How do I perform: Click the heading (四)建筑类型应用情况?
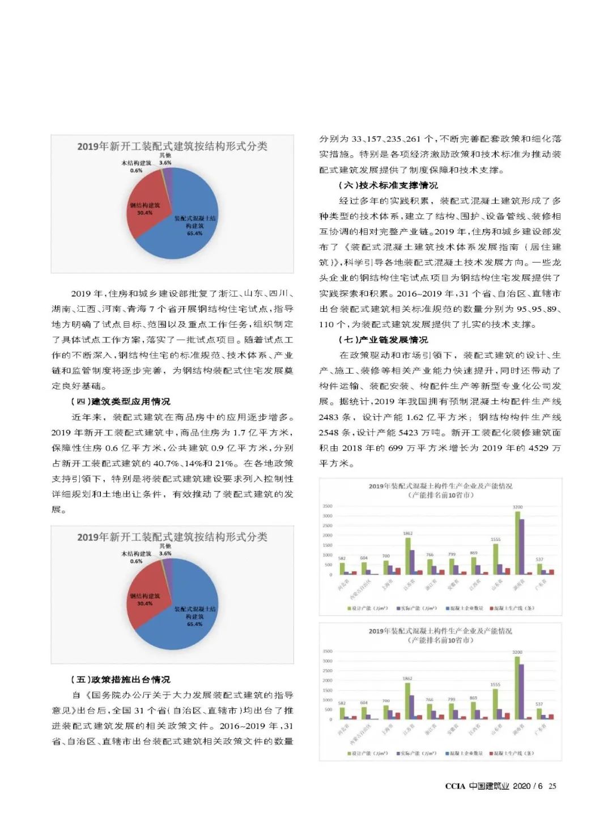pyautogui.click(x=120, y=401)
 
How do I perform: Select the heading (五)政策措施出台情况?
pyautogui.click(x=120, y=679)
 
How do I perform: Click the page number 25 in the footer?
pyautogui.click(x=552, y=786)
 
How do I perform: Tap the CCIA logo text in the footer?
pyautogui.click(x=455, y=786)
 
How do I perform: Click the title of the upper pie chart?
pyautogui.click(x=172, y=146)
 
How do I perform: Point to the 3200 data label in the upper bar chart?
pyautogui.click(x=517, y=507)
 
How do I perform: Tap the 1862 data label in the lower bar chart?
pyautogui.click(x=407, y=678)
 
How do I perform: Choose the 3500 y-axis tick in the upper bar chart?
pyautogui.click(x=328, y=506)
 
